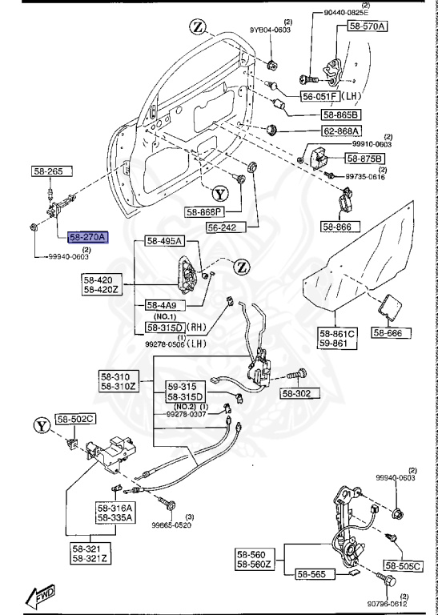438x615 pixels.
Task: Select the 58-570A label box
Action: click(367, 26)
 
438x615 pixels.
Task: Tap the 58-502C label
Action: click(75, 419)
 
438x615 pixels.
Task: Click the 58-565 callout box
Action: click(316, 573)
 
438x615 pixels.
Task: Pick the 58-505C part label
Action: click(414, 566)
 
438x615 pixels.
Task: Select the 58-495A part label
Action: click(164, 241)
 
